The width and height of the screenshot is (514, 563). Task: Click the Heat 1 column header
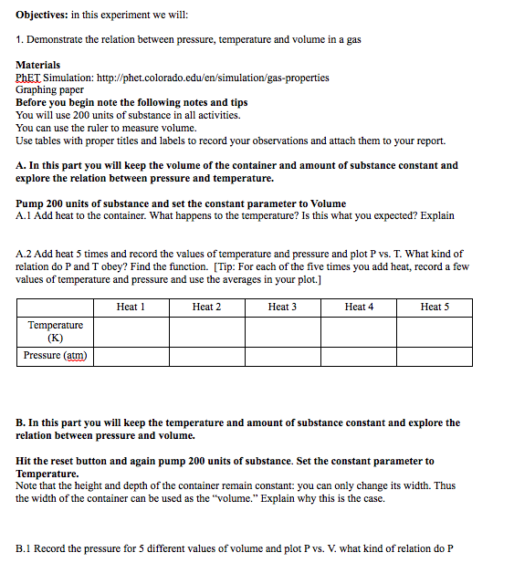(x=131, y=307)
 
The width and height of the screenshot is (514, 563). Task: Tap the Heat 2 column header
(x=206, y=307)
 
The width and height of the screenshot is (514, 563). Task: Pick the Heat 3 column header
(x=282, y=307)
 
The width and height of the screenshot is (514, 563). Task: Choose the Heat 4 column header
(x=359, y=307)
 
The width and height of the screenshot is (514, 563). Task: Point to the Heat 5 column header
(x=435, y=307)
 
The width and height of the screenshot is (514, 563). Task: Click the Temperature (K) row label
(x=55, y=330)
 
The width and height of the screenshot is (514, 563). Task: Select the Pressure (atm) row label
(x=55, y=355)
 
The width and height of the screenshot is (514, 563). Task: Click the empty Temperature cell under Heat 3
(x=282, y=330)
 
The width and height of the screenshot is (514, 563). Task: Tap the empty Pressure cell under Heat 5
(x=435, y=355)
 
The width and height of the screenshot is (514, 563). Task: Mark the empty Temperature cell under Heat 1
(x=131, y=330)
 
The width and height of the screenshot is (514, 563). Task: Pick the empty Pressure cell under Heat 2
(x=206, y=355)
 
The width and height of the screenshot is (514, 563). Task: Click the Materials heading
(x=38, y=65)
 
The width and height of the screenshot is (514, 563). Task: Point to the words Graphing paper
(x=49, y=89)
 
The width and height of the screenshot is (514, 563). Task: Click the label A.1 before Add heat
(x=25, y=215)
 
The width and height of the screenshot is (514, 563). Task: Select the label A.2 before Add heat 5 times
(x=25, y=254)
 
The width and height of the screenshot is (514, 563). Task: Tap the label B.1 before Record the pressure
(x=25, y=548)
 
